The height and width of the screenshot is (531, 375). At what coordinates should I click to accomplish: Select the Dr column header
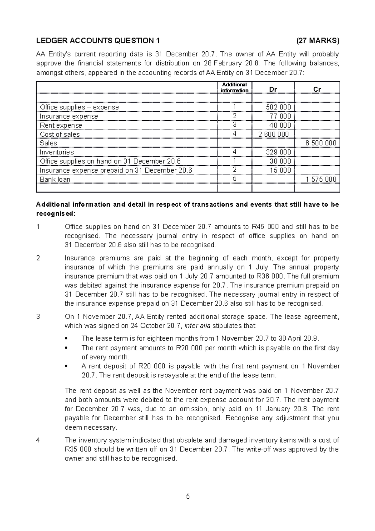pyautogui.click(x=273, y=89)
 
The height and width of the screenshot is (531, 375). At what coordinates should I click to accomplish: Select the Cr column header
pyautogui.click(x=317, y=89)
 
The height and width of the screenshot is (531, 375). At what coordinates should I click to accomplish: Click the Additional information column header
pyautogui.click(x=234, y=88)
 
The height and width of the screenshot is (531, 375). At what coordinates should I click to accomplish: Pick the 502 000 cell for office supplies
pyautogui.click(x=278, y=107)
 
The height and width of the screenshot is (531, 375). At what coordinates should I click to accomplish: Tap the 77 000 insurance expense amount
pyautogui.click(x=280, y=116)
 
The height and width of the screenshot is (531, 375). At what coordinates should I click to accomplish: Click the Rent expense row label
pyautogui.click(x=61, y=125)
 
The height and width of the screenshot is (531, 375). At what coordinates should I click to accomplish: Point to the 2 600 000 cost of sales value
pyautogui.click(x=274, y=134)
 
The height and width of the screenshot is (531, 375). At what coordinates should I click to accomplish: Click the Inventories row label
pyautogui.click(x=57, y=152)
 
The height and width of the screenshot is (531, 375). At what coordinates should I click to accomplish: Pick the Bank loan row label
pyautogui.click(x=55, y=180)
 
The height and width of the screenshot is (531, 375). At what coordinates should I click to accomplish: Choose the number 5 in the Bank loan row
pyautogui.click(x=235, y=179)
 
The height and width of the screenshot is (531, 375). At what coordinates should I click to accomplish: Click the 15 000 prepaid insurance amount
pyautogui.click(x=280, y=170)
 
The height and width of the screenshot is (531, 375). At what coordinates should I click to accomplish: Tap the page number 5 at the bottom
pyautogui.click(x=188, y=497)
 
